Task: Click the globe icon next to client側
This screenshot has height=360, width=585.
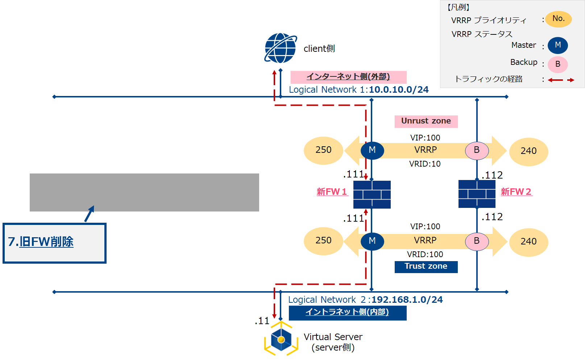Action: point(281,48)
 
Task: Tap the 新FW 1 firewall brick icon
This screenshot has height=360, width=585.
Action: point(372,194)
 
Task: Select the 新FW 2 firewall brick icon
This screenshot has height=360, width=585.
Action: point(477,194)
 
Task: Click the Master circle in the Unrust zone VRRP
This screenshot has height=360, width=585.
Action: point(372,150)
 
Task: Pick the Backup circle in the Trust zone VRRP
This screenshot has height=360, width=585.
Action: point(477,241)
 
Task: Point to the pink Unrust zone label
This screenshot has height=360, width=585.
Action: point(426,121)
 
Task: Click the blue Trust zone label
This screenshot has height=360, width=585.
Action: point(426,267)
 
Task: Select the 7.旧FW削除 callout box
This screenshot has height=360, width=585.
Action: point(54,243)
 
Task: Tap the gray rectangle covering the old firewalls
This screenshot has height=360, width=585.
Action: point(144,192)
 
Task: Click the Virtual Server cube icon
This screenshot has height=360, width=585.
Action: point(281,339)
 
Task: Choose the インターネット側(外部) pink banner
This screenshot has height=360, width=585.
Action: point(348,77)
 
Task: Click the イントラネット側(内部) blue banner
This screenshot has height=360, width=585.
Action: point(347,313)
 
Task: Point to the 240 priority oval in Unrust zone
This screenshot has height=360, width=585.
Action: point(528,151)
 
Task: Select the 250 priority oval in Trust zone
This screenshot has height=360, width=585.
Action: point(323,241)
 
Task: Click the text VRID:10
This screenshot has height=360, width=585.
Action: point(425,164)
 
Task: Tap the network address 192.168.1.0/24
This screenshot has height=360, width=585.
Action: point(407,300)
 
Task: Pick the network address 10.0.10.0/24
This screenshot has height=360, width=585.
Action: point(399,90)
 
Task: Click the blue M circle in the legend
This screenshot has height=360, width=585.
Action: point(557,45)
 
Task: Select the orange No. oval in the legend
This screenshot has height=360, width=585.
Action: point(559,19)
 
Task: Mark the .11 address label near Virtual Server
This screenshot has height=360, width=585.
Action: point(262,321)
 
